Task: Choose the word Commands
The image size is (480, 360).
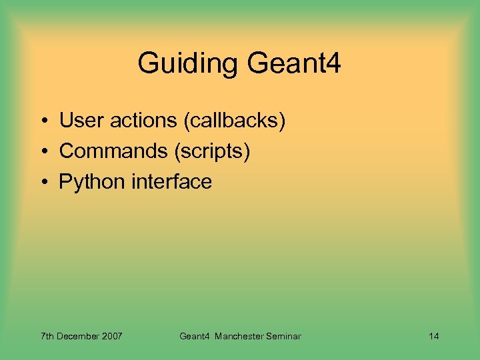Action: (113, 151)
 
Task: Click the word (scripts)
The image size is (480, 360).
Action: (212, 151)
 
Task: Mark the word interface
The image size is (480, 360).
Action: (171, 182)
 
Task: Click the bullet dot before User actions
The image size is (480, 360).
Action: (42, 121)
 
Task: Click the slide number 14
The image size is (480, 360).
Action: (433, 336)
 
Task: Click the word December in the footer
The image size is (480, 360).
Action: (79, 336)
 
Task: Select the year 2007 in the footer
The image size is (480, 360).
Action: (112, 336)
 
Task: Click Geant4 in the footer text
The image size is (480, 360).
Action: (195, 336)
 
